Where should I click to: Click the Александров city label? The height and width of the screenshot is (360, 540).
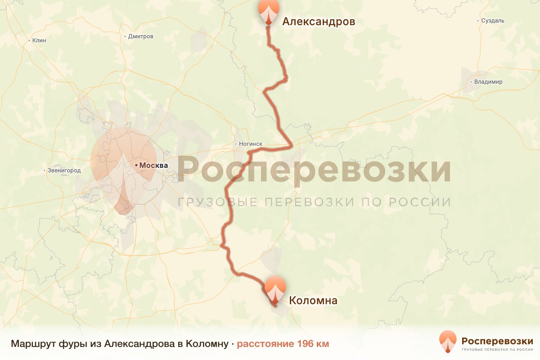coord(319,22)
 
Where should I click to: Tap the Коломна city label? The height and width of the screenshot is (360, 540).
coord(313,301)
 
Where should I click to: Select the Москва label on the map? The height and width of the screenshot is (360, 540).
coord(153,166)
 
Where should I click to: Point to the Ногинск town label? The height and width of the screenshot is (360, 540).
coord(250,144)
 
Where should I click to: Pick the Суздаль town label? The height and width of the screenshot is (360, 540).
coord(493,21)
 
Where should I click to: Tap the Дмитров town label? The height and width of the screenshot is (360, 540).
coord(141,36)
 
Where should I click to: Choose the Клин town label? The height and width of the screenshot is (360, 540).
coord(39,40)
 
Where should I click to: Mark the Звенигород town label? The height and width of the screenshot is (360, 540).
coord(64,171)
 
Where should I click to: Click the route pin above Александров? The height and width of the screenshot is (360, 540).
coord(268,11)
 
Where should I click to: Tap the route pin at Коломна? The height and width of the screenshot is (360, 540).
coord(275,289)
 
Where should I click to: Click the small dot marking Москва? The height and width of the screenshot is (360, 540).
coord(136,166)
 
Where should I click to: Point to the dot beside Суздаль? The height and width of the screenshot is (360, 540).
coord(478,21)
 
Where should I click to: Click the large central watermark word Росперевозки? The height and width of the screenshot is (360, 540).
coord(314,170)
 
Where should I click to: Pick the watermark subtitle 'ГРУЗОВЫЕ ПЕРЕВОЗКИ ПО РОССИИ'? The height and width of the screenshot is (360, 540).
coord(314,202)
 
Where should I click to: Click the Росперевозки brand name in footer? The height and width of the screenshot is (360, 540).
coord(497,340)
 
